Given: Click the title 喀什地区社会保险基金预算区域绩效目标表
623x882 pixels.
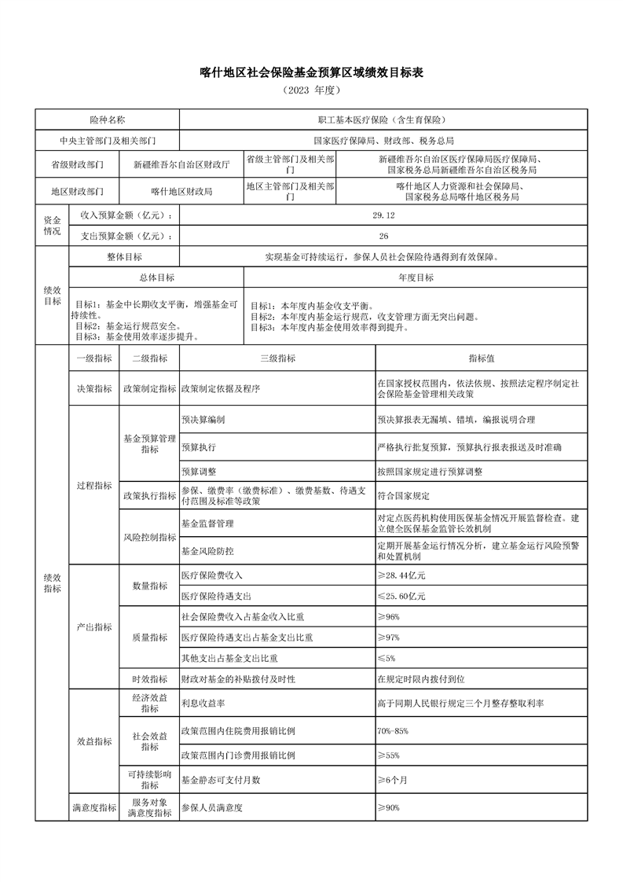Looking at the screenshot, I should [311, 73].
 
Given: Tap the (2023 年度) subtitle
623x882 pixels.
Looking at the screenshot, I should [311, 90].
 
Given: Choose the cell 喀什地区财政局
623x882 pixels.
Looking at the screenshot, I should [181, 191].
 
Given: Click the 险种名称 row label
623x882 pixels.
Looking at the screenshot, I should [107, 119].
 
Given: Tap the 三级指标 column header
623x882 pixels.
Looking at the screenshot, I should [277, 358].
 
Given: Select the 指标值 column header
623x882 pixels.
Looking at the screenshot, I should [481, 358].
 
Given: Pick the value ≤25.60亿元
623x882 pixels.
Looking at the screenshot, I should [401, 597].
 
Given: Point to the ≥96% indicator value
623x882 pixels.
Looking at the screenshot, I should [389, 617].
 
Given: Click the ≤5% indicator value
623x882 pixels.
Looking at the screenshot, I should [387, 657].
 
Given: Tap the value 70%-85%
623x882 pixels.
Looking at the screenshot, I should [393, 731].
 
